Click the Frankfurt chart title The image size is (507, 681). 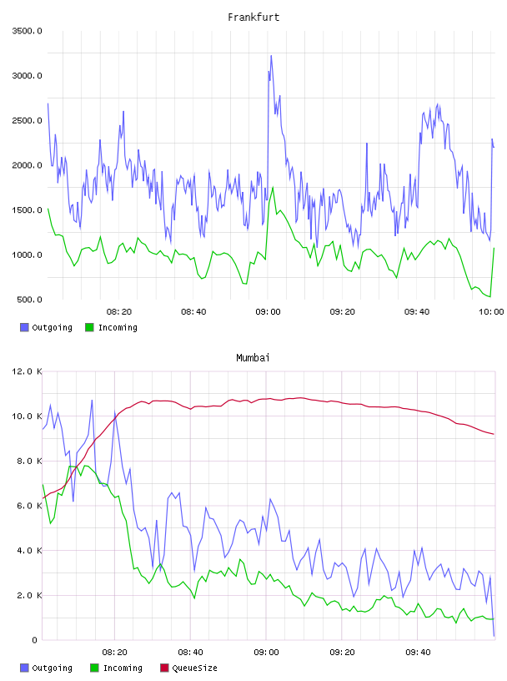click(254, 18)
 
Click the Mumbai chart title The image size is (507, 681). click(253, 358)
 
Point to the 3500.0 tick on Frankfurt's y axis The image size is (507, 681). click(28, 31)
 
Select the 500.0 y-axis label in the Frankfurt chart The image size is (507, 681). click(29, 300)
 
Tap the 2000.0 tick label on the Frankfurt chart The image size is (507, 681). click(28, 165)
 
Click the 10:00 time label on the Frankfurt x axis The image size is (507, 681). click(491, 312)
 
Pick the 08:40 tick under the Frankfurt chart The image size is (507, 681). click(193, 312)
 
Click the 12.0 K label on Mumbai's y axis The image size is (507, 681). click(28, 371)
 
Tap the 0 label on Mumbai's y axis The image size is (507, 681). click(35, 640)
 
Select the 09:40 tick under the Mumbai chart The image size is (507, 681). click(418, 653)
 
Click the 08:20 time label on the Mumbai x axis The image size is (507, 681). click(114, 653)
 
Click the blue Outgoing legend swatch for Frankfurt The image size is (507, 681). click(24, 327)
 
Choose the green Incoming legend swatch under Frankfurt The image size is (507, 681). click(89, 327)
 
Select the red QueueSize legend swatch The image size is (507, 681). click(164, 668)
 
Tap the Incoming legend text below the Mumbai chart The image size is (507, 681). click(123, 668)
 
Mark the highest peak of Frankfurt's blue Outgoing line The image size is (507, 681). click(271, 56)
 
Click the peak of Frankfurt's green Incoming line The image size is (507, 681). click(273, 187)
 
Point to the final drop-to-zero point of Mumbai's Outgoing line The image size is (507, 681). click(494, 636)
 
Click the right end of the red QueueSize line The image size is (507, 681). click(494, 434)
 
